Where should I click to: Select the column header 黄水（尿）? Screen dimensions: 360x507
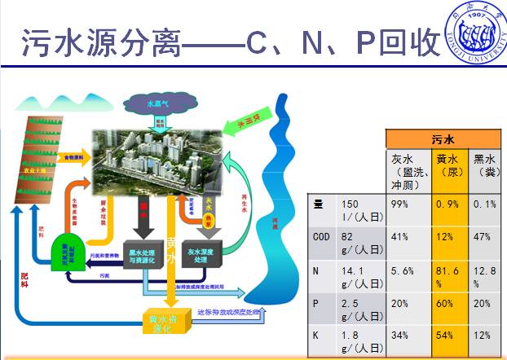[450, 167]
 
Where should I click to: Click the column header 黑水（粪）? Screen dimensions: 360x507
[487, 167]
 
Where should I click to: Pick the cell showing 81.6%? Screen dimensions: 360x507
[450, 277]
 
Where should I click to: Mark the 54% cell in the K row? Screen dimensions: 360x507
[450, 338]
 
